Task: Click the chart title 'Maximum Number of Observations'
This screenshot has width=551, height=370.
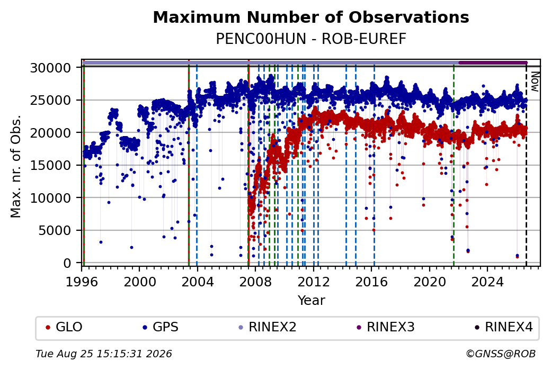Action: (311, 17)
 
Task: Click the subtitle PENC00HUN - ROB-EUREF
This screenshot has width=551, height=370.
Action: (311, 39)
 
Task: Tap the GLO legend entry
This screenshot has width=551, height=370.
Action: (64, 327)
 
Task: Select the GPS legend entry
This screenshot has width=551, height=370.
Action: (160, 327)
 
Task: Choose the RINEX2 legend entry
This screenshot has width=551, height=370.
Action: (268, 327)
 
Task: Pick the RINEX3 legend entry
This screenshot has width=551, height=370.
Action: (386, 327)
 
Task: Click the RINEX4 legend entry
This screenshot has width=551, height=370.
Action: (503, 327)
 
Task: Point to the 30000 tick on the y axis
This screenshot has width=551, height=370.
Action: (51, 67)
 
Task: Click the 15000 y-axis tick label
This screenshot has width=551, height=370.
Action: (51, 165)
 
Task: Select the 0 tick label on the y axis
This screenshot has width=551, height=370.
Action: (67, 263)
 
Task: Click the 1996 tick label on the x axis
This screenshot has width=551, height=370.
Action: (82, 282)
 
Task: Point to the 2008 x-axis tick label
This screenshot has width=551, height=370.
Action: (255, 282)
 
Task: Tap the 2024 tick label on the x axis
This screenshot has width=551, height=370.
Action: (487, 282)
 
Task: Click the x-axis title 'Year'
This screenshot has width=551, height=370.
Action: (312, 301)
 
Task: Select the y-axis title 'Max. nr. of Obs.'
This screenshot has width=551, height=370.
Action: (16, 166)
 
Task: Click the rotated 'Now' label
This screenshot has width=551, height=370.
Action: (535, 82)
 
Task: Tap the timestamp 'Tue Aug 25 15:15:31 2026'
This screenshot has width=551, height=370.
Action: (104, 354)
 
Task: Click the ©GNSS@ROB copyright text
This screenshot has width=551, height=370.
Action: (501, 354)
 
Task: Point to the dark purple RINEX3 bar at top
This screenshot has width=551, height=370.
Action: (493, 63)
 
